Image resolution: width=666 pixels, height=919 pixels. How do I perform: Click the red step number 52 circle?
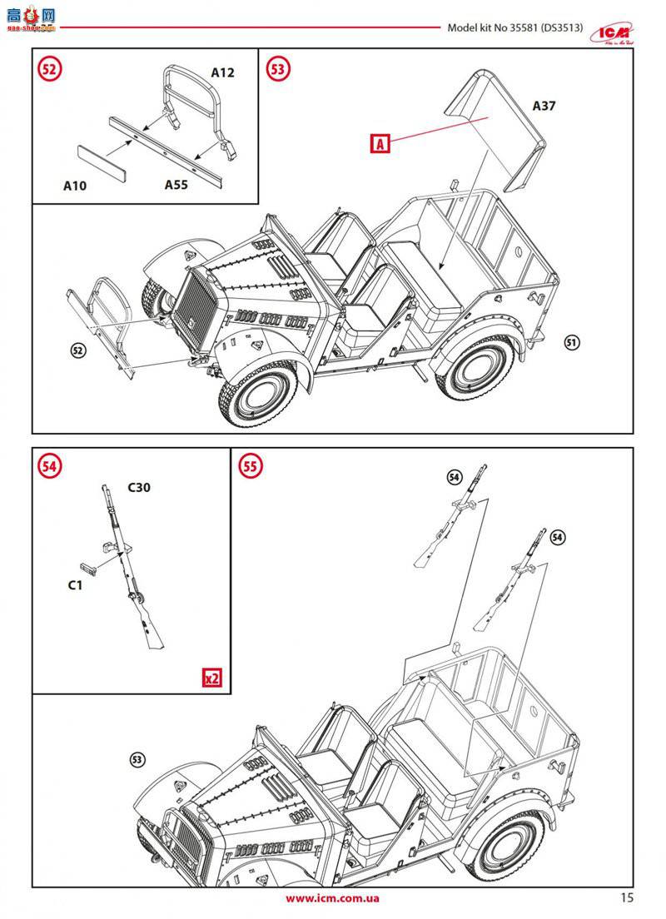coord(49,70)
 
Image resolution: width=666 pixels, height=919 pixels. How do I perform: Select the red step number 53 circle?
coord(278,69)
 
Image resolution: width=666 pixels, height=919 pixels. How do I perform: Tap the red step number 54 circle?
coord(49,467)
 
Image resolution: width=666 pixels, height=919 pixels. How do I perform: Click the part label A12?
coord(222,72)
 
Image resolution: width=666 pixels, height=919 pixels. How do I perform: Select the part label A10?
coord(75,186)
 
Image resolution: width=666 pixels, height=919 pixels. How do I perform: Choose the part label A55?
coord(176,185)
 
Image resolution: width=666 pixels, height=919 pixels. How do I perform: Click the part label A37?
coord(544,106)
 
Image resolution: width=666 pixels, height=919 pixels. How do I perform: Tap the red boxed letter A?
coord(380,144)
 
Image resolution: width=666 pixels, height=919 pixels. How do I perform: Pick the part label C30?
coord(139,487)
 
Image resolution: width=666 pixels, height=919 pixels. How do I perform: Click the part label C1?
coord(75,585)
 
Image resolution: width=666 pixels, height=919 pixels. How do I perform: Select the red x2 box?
coord(212,678)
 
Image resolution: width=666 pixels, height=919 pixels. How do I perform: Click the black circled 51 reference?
coord(571,342)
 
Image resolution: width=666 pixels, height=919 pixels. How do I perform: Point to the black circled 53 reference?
coord(138,759)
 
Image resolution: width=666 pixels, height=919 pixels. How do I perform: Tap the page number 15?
coord(627,897)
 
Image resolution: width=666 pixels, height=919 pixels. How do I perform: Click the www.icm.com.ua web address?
coord(332,898)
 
